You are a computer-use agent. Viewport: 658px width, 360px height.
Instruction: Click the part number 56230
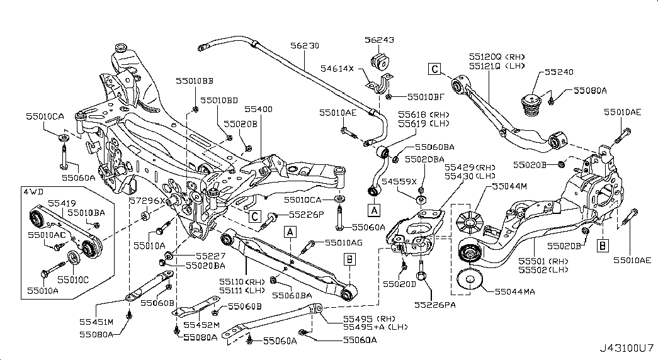point(304,46)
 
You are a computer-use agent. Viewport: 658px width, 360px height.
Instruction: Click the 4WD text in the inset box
point(31,191)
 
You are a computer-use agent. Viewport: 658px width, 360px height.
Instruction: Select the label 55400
point(258,109)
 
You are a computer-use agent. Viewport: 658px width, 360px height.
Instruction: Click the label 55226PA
point(433,304)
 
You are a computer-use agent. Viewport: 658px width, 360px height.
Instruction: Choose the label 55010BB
point(194,81)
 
